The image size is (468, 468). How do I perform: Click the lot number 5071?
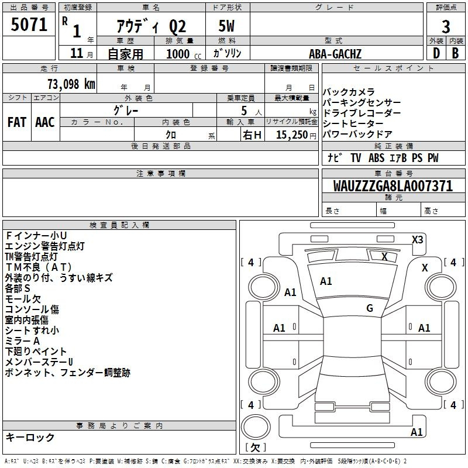tap(29, 25)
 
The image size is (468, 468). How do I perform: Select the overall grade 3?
tap(446, 27)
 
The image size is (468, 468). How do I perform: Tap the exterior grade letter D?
tap(436, 53)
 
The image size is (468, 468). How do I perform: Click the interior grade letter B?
tap(455, 53)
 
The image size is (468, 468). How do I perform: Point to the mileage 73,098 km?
tap(71, 84)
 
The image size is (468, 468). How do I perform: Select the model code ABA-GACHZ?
tap(335, 54)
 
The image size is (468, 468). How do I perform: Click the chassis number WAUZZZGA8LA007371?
tap(393, 186)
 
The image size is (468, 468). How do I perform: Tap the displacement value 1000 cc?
tap(184, 54)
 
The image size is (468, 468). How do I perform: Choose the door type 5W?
tap(226, 26)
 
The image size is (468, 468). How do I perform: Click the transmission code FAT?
tap(17, 122)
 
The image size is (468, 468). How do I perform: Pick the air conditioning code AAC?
tap(45, 122)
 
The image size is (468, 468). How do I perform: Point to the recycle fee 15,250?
tap(292, 135)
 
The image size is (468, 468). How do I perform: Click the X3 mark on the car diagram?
tap(417, 240)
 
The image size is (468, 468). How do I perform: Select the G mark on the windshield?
tap(370, 308)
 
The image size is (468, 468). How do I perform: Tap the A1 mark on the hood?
tap(326, 281)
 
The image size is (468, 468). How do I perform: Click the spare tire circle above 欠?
tap(256, 427)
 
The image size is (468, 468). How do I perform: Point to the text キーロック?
tap(30, 438)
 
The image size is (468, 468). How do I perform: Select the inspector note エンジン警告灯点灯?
tap(45, 246)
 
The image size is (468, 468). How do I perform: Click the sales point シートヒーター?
tap(353, 123)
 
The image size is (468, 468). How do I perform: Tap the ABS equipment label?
tap(376, 158)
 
